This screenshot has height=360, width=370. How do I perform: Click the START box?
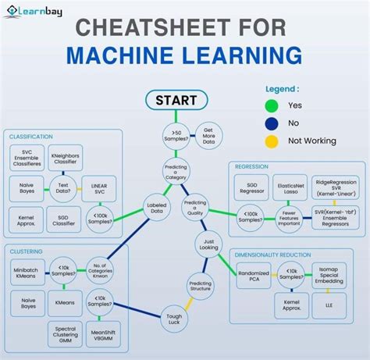[x=176, y=101]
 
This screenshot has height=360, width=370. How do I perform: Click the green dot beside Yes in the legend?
[x=272, y=105]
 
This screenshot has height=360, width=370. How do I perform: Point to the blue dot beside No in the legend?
[x=272, y=123]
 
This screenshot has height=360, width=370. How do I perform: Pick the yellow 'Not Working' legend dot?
[x=272, y=141]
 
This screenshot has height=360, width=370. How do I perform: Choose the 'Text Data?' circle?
[x=65, y=187]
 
